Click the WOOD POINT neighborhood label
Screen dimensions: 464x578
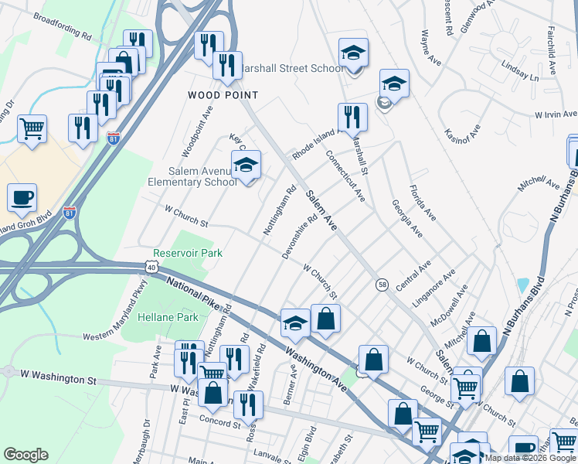tap(223, 95)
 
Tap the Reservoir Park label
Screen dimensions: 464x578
tap(188, 253)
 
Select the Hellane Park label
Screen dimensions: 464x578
tap(168, 317)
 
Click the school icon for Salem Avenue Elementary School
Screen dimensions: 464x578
tap(246, 165)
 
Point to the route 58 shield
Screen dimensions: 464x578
tap(382, 285)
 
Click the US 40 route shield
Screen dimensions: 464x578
tap(151, 266)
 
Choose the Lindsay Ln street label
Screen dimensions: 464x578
tap(519, 72)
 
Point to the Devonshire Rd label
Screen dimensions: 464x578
tap(300, 237)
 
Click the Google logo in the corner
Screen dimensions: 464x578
tap(25, 455)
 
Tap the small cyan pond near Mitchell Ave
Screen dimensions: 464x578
tap(524, 285)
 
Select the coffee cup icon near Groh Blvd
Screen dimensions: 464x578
tap(22, 197)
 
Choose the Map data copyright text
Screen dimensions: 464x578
tap(530, 458)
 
